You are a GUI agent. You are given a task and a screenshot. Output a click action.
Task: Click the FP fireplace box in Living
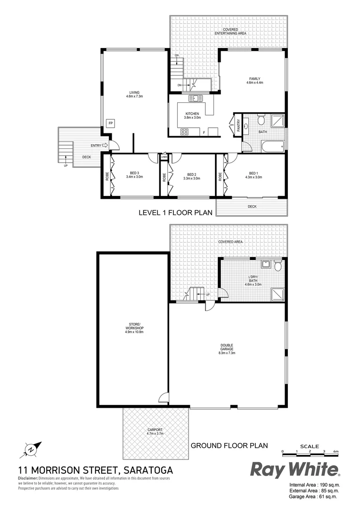tap(111, 123)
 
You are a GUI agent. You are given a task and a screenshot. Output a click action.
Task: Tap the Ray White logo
tap(295, 469)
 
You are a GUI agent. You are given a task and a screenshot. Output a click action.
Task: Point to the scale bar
tap(309, 452)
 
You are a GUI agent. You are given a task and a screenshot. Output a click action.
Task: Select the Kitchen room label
tap(192, 114)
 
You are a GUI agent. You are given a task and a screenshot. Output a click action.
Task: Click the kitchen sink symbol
tap(196, 99)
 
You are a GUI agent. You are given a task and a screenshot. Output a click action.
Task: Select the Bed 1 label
tap(255, 173)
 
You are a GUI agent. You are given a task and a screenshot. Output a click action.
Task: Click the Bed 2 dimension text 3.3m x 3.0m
tap(191, 179)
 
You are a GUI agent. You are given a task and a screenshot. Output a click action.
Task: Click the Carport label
tap(155, 430)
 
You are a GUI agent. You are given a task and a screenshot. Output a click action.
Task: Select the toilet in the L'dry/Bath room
tap(278, 267)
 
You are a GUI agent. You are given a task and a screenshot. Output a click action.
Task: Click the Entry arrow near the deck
tap(105, 146)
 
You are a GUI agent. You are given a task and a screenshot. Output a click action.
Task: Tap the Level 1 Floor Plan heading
tap(174, 213)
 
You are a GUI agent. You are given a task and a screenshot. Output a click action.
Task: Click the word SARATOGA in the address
tap(148, 470)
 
